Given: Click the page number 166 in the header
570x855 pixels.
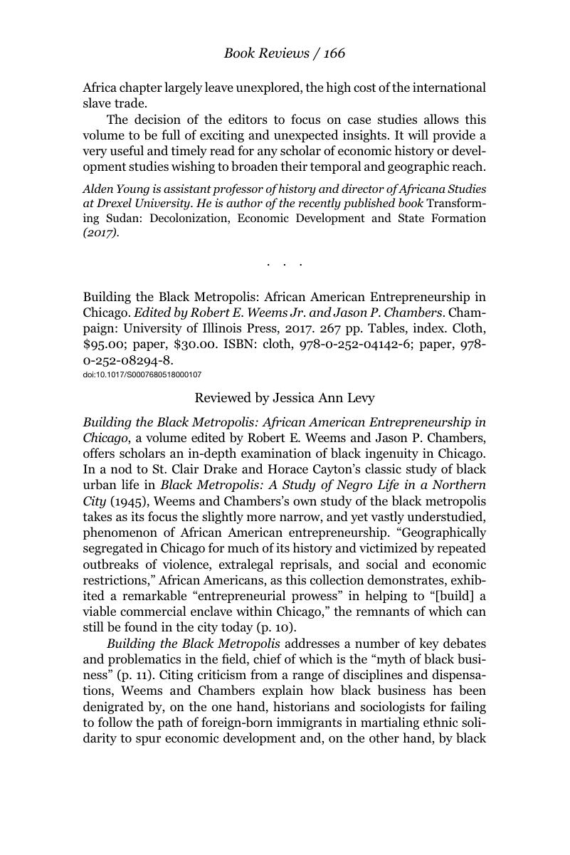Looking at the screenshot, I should pyautogui.click(x=332, y=53).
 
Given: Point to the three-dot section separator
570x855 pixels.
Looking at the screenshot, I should pyautogui.click(x=285, y=264).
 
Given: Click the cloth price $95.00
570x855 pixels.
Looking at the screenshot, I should pyautogui.click(x=103, y=345).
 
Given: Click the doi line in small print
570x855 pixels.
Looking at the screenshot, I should pyautogui.click(x=142, y=375).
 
